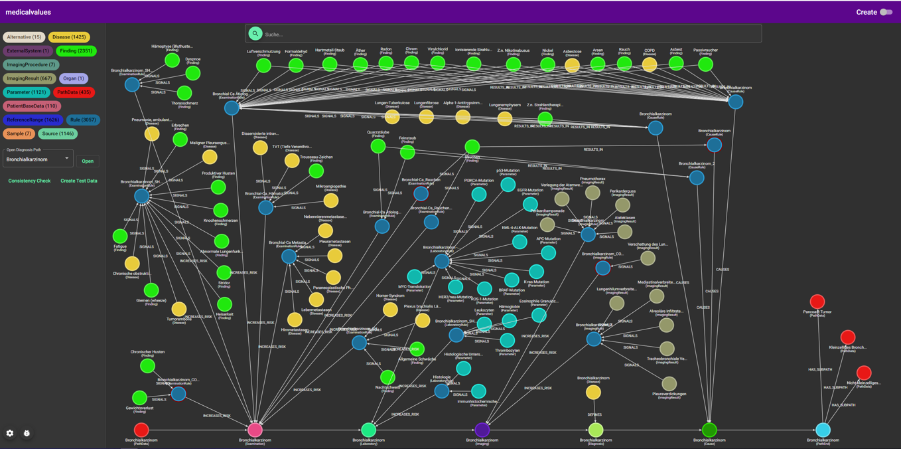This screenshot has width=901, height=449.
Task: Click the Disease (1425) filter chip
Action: [x=69, y=37]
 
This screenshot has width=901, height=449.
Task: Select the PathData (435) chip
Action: [x=74, y=92]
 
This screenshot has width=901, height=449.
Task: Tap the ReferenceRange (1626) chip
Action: [x=33, y=120]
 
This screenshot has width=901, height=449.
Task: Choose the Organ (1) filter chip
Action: [x=74, y=78]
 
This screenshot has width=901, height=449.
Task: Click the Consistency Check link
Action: [x=29, y=181]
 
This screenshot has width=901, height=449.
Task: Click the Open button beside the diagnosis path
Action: [x=88, y=161]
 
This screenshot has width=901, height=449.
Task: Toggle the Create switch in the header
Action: [x=886, y=12]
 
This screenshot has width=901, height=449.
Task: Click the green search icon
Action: [x=255, y=33]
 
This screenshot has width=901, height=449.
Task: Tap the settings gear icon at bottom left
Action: [x=10, y=433]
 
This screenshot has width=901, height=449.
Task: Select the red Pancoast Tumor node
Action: [x=817, y=302]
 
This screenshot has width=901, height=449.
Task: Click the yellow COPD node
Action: [x=650, y=64]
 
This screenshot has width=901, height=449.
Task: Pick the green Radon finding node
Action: [x=386, y=63]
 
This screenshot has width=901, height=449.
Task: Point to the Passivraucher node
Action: [x=705, y=64]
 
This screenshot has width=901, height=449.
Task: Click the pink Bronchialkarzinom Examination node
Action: [x=255, y=429]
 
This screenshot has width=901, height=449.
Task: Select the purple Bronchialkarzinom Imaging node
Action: [x=482, y=430]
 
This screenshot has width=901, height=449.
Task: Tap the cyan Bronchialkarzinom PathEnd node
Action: [x=823, y=430]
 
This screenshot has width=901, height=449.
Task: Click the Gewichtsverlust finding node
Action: [x=139, y=398]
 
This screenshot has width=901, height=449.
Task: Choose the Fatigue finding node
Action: [x=120, y=236]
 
